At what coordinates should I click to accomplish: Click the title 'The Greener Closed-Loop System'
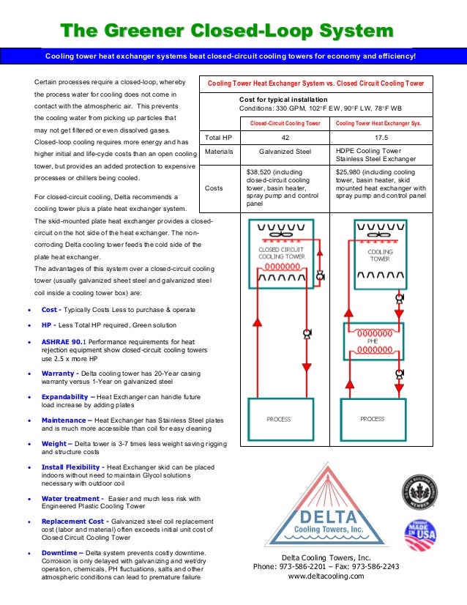pyautogui.click(x=227, y=30)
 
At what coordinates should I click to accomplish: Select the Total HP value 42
pyautogui.click(x=286, y=137)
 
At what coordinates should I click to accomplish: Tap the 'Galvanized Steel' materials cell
pyautogui.click(x=286, y=152)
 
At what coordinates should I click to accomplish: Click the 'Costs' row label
pyautogui.click(x=214, y=188)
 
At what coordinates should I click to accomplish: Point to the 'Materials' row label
pyautogui.click(x=219, y=152)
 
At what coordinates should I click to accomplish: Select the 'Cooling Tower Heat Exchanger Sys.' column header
pyautogui.click(x=378, y=124)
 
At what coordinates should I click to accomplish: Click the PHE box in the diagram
pyautogui.click(x=373, y=340)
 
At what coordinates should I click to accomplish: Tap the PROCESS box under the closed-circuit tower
pyautogui.click(x=278, y=419)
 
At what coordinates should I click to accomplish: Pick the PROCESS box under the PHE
pyautogui.click(x=373, y=419)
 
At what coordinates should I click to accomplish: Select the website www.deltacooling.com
pyautogui.click(x=326, y=576)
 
